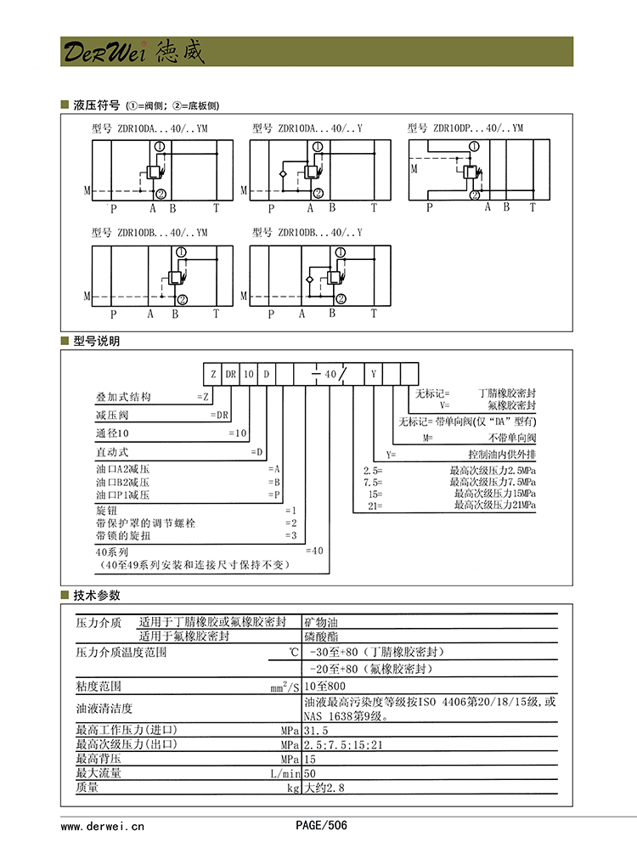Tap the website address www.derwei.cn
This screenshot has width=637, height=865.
[103, 825]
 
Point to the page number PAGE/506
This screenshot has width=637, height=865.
[321, 825]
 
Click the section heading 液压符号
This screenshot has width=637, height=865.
[97, 105]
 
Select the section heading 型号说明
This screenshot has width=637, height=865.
[97, 341]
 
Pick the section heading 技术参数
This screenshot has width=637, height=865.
[97, 596]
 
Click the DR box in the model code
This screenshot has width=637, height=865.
[230, 374]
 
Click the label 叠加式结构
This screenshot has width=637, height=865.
[123, 397]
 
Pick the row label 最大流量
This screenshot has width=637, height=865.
[99, 773]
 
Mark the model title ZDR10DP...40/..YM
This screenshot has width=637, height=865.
[465, 128]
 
